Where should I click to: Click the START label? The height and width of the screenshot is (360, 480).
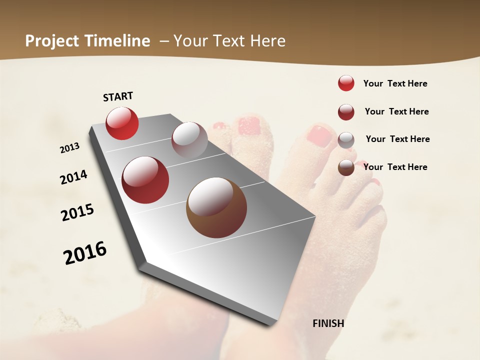tap(118, 96)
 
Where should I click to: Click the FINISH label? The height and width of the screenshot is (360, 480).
tap(328, 323)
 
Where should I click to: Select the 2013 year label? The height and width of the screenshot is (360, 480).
tap(70, 148)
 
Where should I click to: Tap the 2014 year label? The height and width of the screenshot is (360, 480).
tap(73, 177)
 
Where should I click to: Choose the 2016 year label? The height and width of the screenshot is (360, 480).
tap(85, 253)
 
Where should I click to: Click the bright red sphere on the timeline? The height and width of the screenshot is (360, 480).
tap(122, 123)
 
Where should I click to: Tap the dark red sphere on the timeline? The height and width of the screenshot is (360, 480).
tap(145, 180)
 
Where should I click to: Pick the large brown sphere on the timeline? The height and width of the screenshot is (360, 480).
tap(216, 207)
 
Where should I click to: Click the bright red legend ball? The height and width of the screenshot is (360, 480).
tap(346, 83)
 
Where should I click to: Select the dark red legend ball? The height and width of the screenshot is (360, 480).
tap(346, 112)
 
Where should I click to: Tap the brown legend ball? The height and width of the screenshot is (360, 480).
tap(346, 168)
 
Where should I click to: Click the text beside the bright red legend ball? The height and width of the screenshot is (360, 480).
tap(395, 83)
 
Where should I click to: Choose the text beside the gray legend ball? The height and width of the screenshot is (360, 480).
tap(397, 139)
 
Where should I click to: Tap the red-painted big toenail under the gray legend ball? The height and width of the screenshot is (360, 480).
tap(319, 135)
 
